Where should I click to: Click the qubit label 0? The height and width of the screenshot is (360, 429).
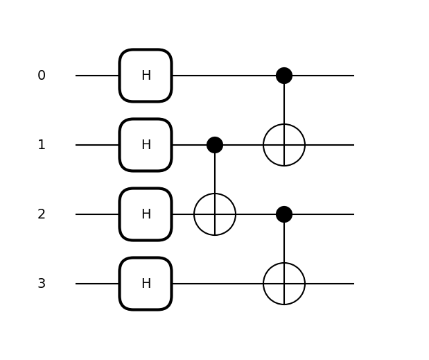point(42,76)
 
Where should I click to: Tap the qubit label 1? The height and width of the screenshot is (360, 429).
point(42,145)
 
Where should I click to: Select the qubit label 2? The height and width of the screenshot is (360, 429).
point(42,214)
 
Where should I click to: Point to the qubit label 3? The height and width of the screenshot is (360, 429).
point(42,284)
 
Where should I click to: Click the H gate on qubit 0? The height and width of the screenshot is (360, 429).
point(146,76)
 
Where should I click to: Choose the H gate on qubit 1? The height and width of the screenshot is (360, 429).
point(146,145)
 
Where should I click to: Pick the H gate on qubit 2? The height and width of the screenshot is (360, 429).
point(146,214)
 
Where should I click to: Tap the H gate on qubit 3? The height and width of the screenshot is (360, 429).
point(146,284)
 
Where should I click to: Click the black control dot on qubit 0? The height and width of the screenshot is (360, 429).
point(284,76)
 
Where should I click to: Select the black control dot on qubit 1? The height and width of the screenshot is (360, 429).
point(215,145)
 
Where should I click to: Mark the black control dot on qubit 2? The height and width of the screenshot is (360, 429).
point(284,214)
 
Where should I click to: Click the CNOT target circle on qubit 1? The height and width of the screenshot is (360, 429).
point(284,145)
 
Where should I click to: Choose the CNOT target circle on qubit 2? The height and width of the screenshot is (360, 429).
point(215,214)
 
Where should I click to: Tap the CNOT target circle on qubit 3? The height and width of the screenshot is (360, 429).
point(284,284)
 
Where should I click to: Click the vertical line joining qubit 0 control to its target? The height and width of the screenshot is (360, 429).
point(284,104)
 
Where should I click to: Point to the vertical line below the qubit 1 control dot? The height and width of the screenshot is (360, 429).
point(215,173)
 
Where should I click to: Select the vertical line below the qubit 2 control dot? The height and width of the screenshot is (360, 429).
point(284,243)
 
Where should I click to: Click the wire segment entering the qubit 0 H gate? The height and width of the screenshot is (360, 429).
point(97,76)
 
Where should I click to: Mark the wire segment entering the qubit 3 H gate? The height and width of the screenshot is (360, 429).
point(97,284)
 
